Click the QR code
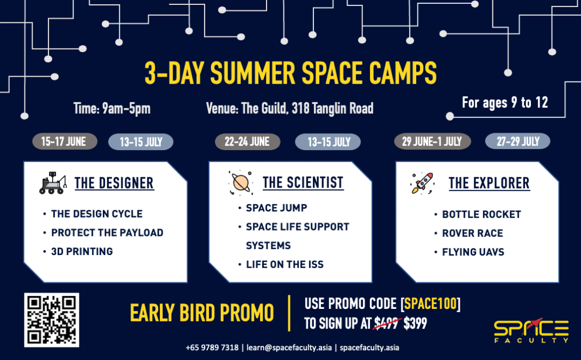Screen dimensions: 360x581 pyautogui.click(x=52, y=320)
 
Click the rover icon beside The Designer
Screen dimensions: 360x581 pyautogui.click(x=53, y=183)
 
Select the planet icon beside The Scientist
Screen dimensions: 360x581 pyautogui.click(x=240, y=183)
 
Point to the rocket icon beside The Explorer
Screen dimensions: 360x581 pyautogui.click(x=422, y=183)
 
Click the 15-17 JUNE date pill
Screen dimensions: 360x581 pyautogui.click(x=64, y=142)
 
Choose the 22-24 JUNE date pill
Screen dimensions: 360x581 pyautogui.click(x=247, y=142)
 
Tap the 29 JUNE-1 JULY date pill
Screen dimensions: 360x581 pyautogui.click(x=432, y=142)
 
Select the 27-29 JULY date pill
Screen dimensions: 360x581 pyautogui.click(x=517, y=142)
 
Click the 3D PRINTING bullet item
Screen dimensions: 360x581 pyautogui.click(x=82, y=251)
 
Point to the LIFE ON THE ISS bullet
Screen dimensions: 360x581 pyautogui.click(x=285, y=264)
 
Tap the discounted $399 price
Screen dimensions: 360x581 pyautogui.click(x=415, y=324)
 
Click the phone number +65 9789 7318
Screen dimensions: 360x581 pyautogui.click(x=212, y=347)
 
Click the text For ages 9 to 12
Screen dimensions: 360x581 pyautogui.click(x=505, y=103)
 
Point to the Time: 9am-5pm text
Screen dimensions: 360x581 pyautogui.click(x=112, y=109)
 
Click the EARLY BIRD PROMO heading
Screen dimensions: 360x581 pyautogui.click(x=202, y=313)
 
